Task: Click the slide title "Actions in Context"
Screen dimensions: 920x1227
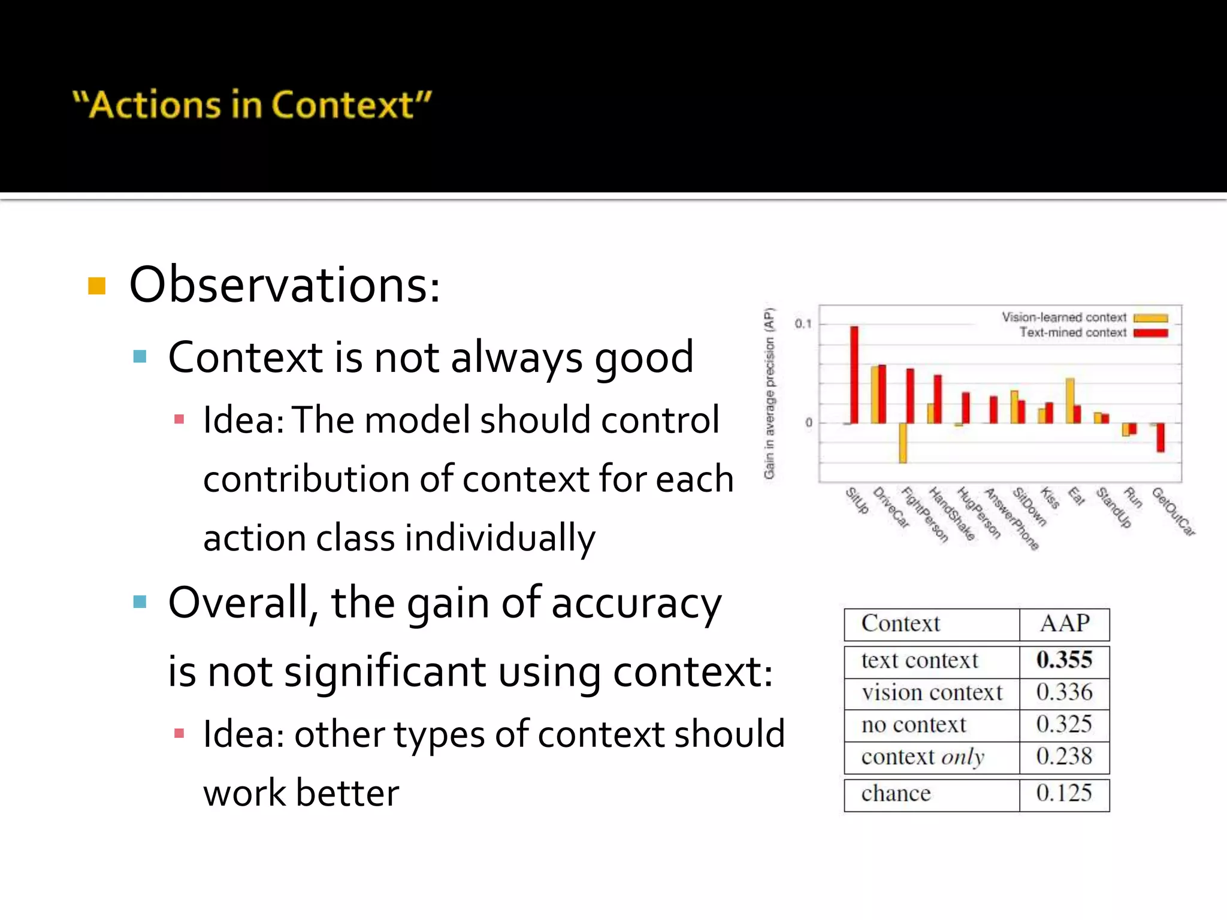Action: tap(252, 105)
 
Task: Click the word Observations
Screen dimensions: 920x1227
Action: tap(284, 285)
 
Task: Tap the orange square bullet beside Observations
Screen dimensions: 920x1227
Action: tap(96, 286)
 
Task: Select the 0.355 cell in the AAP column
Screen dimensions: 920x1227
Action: tap(1064, 660)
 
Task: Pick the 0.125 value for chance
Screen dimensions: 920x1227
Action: tap(1064, 794)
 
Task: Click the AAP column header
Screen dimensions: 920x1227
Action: tap(1064, 624)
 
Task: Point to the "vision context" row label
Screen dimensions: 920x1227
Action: tap(932, 693)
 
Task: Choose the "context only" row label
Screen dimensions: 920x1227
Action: tap(923, 757)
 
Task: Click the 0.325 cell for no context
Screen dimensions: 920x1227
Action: tap(1064, 725)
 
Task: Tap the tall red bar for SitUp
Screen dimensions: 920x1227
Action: tap(854, 374)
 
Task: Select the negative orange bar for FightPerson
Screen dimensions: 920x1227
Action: tap(903, 443)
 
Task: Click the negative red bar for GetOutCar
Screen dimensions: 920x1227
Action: tap(1160, 437)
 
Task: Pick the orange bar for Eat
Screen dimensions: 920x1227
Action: tap(1070, 400)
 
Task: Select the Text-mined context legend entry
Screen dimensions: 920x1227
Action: tap(1073, 332)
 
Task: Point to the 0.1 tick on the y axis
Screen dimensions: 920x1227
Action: tap(803, 324)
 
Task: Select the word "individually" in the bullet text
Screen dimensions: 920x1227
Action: tap(500, 538)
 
